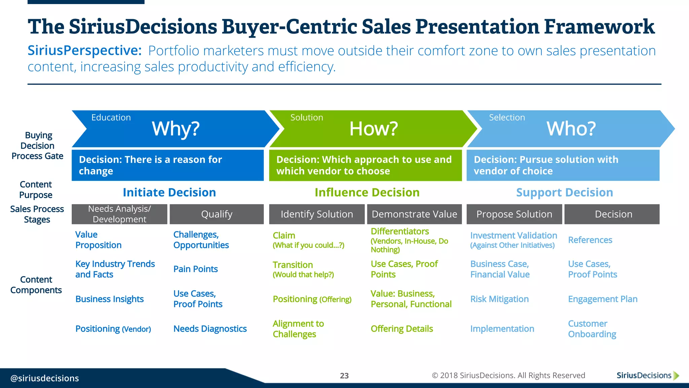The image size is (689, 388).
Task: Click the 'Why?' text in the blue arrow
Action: click(x=176, y=129)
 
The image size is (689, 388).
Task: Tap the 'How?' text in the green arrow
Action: click(x=373, y=129)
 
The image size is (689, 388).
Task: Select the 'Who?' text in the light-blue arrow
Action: click(x=571, y=129)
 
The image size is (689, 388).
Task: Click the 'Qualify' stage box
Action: click(x=217, y=214)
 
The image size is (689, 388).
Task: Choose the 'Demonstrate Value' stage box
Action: click(x=414, y=214)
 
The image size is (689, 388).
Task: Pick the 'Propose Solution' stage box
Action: click(x=514, y=214)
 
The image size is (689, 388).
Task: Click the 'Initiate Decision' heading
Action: click(x=169, y=192)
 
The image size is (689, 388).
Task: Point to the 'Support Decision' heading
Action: click(x=565, y=192)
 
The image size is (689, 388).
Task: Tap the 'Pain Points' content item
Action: click(x=195, y=269)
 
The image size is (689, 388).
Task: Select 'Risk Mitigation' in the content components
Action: click(x=499, y=299)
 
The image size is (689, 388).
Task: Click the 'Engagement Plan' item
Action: click(x=603, y=299)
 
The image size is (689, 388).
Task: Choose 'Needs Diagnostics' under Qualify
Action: click(x=210, y=329)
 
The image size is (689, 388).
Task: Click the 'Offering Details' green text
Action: click(x=402, y=329)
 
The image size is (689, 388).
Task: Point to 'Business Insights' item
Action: click(x=109, y=299)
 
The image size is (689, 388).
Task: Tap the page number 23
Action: click(x=344, y=376)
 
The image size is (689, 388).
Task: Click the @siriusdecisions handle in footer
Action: click(x=45, y=378)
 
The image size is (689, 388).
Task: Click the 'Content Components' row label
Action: click(x=36, y=285)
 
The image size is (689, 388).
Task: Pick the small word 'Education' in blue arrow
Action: click(x=111, y=118)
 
